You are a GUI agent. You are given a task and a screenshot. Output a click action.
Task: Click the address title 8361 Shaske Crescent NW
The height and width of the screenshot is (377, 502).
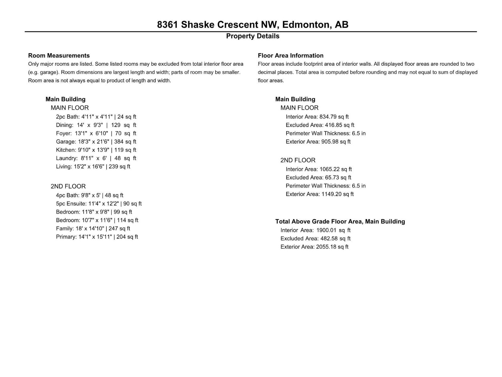[x=253, y=25]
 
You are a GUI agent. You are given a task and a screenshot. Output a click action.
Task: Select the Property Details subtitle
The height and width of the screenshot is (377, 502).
[x=253, y=36]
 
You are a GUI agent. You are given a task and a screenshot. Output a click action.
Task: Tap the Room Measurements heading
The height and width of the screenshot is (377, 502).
[x=59, y=56]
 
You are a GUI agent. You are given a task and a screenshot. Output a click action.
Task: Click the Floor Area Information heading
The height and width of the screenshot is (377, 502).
[x=291, y=56]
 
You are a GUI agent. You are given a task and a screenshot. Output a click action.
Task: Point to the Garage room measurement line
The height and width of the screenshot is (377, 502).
[x=96, y=142]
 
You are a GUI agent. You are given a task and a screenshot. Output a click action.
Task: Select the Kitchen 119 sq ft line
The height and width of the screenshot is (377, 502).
[x=96, y=150]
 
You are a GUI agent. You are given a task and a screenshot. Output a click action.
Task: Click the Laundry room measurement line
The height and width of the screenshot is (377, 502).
[x=96, y=158]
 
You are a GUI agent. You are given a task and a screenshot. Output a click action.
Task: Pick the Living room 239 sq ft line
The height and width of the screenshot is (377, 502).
[x=93, y=167]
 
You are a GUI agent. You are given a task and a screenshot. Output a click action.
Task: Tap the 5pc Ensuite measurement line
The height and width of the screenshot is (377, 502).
[x=99, y=204]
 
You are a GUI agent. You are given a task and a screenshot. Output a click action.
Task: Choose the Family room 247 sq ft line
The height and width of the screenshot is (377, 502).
[x=93, y=228]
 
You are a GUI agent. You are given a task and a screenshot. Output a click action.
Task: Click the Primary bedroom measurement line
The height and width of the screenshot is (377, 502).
[x=97, y=237]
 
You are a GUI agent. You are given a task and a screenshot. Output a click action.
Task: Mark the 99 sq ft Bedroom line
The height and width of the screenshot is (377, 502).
[x=94, y=212]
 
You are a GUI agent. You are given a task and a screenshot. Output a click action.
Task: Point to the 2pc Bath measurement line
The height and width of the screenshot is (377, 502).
[x=96, y=117]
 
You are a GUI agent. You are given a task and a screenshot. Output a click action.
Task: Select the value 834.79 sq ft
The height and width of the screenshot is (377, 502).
[x=334, y=117]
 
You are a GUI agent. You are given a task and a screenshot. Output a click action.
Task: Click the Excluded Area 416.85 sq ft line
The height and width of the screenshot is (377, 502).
[x=320, y=125]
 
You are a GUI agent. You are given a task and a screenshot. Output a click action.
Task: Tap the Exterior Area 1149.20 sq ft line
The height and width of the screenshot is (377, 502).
[x=320, y=194]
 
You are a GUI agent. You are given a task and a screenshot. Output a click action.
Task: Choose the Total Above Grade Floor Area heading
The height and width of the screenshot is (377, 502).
[x=340, y=221]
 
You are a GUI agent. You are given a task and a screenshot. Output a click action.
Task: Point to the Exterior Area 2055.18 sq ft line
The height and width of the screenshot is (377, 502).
[x=314, y=247]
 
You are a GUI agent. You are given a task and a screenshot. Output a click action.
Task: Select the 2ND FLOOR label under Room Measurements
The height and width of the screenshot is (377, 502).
[x=68, y=186]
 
